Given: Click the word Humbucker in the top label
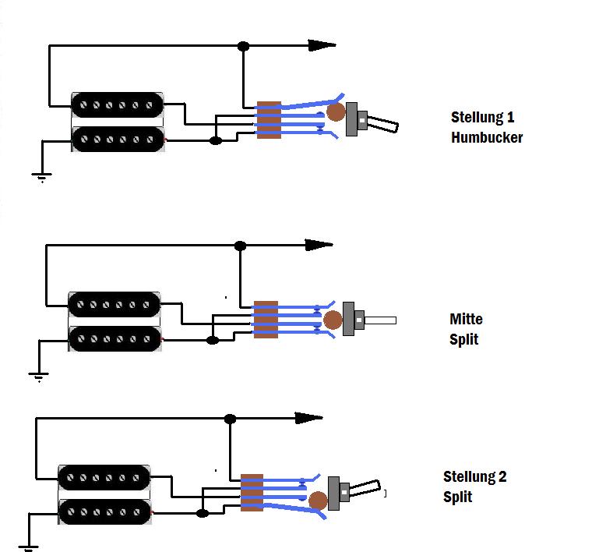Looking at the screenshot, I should (x=487, y=138).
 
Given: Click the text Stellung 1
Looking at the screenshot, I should (x=482, y=118).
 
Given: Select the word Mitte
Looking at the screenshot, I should (x=466, y=319).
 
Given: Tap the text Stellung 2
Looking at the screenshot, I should (x=474, y=476).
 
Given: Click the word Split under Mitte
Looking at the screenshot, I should (x=463, y=340).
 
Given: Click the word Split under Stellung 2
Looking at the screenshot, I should (x=457, y=497).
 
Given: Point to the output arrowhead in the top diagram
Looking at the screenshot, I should (x=322, y=45).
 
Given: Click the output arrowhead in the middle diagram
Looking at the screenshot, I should (x=319, y=245).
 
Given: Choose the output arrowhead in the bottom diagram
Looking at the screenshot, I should (x=309, y=418).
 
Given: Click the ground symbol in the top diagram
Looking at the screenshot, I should (x=42, y=176).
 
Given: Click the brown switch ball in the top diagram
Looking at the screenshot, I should (x=336, y=112).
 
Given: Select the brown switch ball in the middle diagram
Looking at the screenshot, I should (x=333, y=320).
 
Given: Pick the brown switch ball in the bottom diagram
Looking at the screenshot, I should (x=318, y=500).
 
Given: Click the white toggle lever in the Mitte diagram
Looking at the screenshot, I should (x=381, y=320).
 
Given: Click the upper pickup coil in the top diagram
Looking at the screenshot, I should (x=118, y=104).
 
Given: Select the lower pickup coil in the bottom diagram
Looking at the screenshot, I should (x=104, y=510).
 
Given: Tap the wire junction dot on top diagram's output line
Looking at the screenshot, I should (x=243, y=46).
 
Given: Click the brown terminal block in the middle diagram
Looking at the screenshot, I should (x=266, y=320).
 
